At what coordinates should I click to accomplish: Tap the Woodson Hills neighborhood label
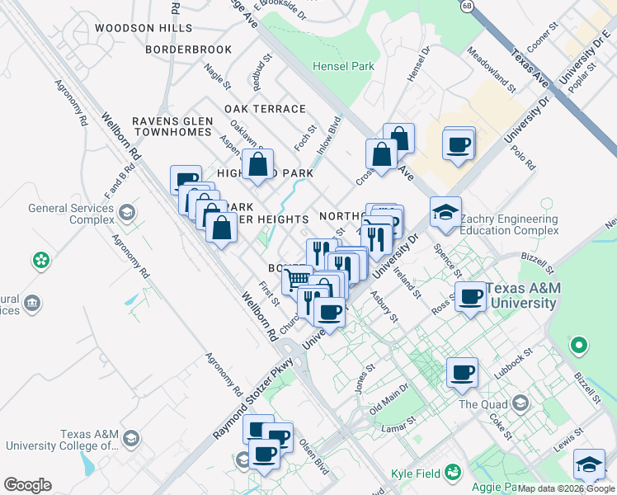(x=144, y=28)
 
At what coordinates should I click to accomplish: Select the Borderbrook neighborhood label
(x=188, y=49)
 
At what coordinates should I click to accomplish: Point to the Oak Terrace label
(x=265, y=109)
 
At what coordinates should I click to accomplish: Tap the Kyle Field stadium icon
(x=452, y=472)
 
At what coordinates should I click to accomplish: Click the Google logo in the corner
(x=27, y=485)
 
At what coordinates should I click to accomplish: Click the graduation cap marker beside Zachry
(x=445, y=213)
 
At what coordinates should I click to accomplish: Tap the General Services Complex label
(x=70, y=214)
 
